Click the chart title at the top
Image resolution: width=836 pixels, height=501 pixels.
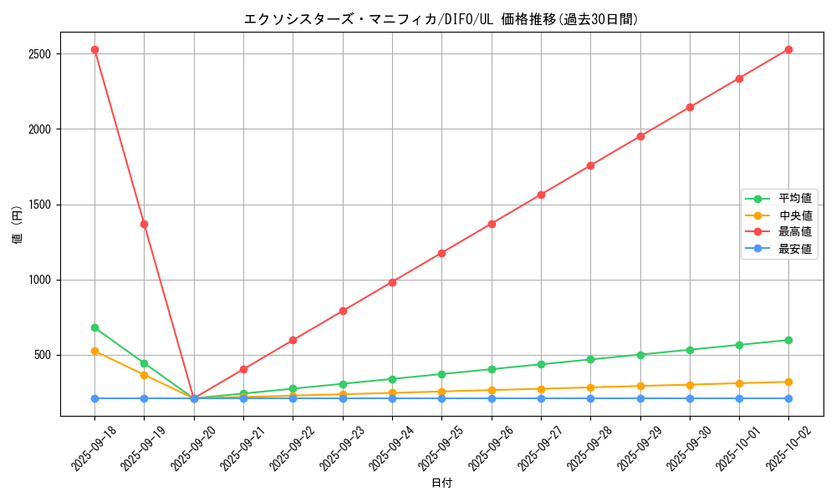tap(441, 19)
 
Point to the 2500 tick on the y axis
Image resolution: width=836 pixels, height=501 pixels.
tap(39, 54)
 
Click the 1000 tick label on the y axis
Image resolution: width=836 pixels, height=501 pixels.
tap(39, 280)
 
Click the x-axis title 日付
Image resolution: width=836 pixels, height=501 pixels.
tap(441, 483)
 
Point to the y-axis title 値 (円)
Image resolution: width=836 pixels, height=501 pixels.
tap(17, 225)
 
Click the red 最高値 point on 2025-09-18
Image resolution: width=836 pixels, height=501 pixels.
tap(94, 49)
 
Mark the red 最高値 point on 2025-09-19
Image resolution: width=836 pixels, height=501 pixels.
tap(145, 224)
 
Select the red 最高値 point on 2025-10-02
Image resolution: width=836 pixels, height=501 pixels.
tap(788, 49)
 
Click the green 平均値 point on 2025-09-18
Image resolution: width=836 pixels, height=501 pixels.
tap(94, 327)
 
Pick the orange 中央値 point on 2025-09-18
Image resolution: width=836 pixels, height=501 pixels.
tap(94, 351)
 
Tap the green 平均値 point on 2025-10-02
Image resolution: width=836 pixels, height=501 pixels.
tap(788, 340)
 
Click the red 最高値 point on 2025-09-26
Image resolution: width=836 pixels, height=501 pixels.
tap(492, 224)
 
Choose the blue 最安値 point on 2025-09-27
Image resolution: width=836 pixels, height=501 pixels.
tap(541, 398)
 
